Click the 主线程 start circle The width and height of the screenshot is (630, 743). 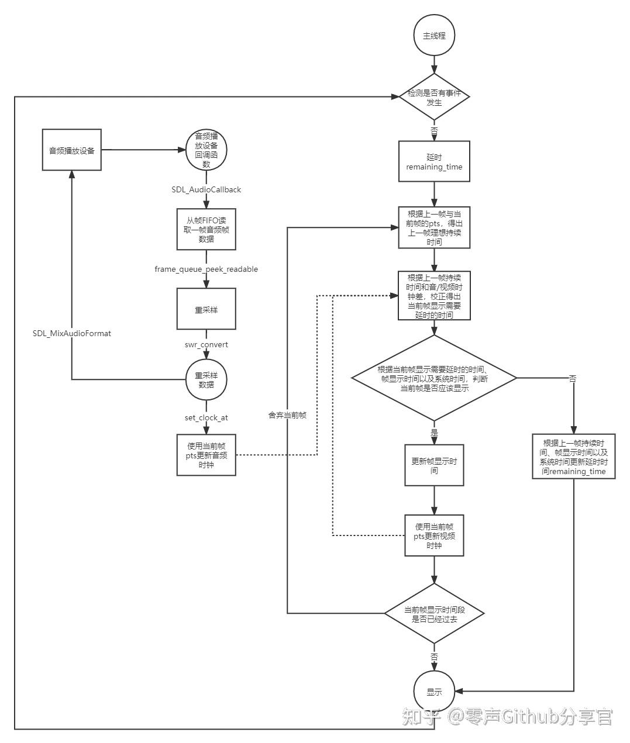pos(434,36)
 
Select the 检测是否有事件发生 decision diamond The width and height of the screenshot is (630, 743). pos(434,97)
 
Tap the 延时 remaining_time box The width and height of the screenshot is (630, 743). pos(434,162)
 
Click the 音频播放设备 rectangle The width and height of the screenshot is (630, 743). pos(72,150)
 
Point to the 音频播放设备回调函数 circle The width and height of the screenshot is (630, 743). pos(206,150)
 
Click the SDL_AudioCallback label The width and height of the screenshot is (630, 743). pos(206,189)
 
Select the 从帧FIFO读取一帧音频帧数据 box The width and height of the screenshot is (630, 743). pos(206,230)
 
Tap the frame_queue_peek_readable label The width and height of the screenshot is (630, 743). pos(206,269)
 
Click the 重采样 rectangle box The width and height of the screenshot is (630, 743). pos(206,309)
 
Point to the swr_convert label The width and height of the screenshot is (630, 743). pos(206,344)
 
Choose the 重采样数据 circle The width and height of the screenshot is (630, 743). pos(206,380)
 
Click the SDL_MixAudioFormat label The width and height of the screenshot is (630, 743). pos(72,333)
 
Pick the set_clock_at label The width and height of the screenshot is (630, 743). pos(206,417)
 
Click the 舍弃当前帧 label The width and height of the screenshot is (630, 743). pos(287,415)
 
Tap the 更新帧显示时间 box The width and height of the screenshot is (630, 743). pos(434,465)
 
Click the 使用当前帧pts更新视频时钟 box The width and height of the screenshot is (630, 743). pos(434,535)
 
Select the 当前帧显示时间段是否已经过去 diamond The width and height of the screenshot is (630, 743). pos(434,613)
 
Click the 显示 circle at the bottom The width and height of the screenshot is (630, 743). pos(434,692)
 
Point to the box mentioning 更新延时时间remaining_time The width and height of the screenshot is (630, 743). pos(573,457)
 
